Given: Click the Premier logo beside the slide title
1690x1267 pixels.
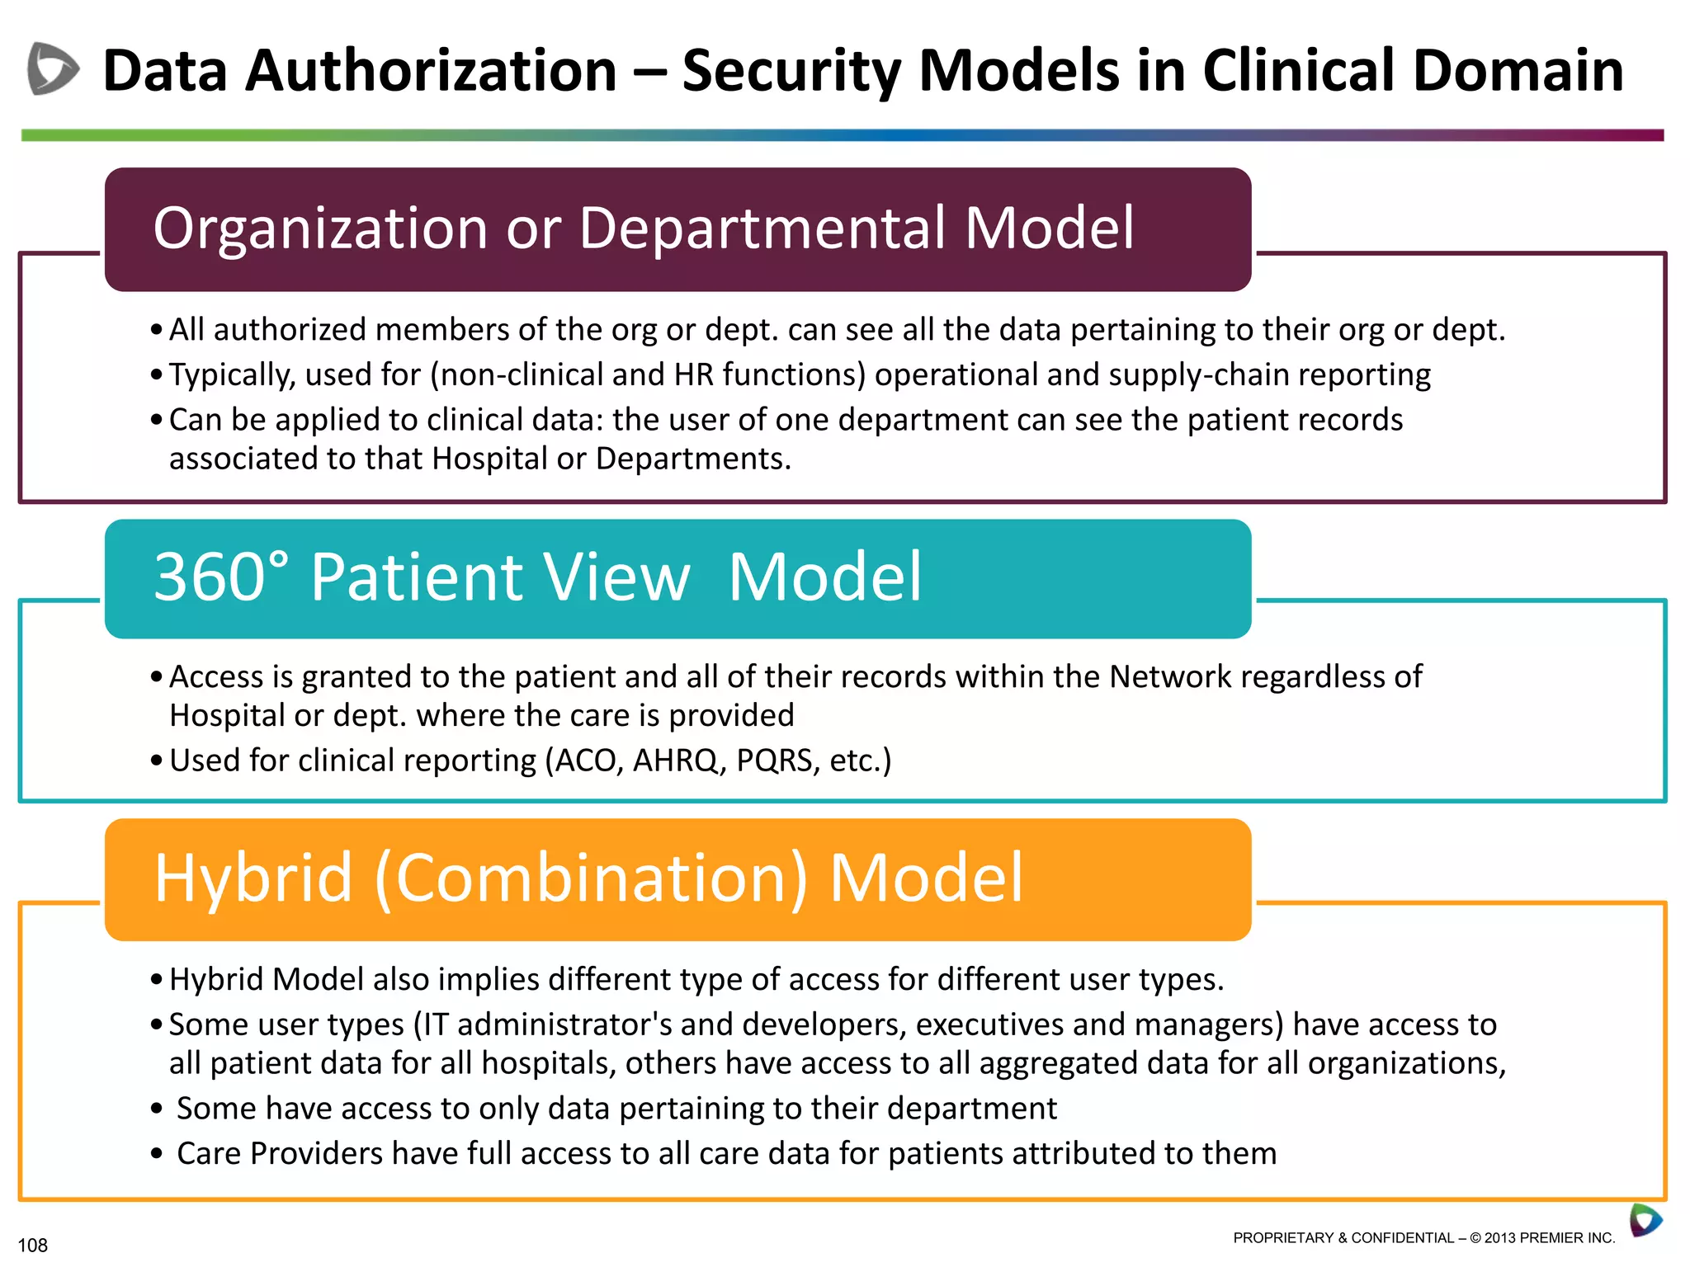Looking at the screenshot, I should point(52,69).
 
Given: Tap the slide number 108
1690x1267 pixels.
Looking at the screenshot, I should point(33,1245).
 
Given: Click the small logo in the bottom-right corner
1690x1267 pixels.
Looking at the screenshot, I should point(1645,1220).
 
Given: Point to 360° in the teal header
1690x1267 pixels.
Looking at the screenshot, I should point(221,577).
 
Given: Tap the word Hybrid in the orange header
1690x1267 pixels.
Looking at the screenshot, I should point(254,878).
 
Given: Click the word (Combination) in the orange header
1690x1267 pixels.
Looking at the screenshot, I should point(591,878).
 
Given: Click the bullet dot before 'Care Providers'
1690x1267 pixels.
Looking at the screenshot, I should point(157,1154).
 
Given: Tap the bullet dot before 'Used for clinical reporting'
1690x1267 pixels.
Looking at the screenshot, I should point(157,761).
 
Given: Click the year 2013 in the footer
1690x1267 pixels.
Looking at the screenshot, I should point(1499,1237).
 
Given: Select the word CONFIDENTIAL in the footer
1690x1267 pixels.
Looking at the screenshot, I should point(1402,1237).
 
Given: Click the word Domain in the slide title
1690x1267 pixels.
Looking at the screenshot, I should point(1518,71).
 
